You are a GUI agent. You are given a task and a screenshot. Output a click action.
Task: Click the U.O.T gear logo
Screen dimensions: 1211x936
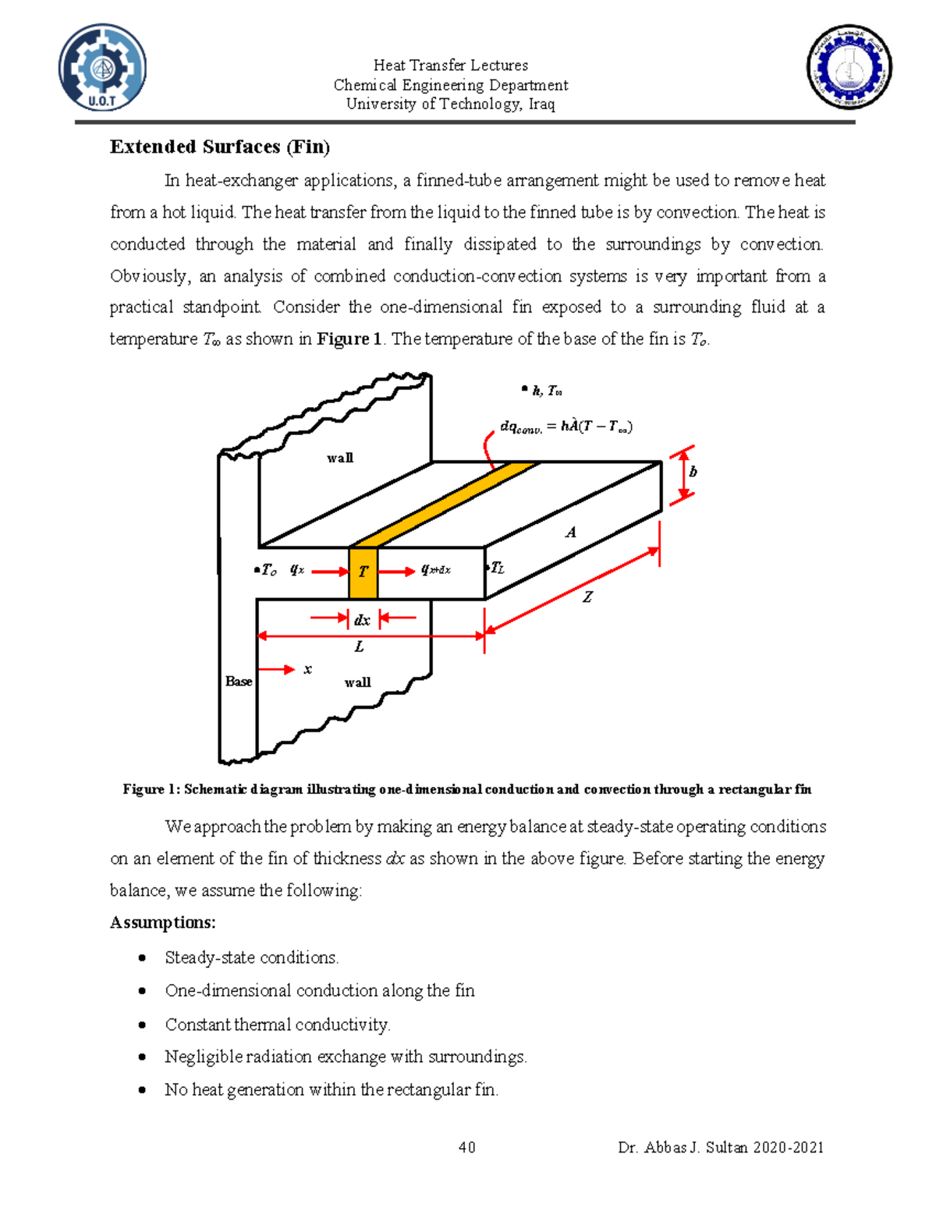[x=102, y=67]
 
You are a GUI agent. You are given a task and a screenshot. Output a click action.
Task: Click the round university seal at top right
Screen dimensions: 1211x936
[x=849, y=67]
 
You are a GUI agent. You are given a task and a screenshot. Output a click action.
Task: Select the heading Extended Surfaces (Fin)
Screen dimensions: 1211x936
[x=220, y=147]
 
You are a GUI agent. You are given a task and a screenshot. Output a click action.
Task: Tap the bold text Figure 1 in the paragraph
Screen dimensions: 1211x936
[x=349, y=339]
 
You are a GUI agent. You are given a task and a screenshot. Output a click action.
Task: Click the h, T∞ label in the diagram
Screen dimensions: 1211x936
[x=546, y=391]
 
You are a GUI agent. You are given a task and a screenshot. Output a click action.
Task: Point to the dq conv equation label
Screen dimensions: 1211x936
[x=565, y=427]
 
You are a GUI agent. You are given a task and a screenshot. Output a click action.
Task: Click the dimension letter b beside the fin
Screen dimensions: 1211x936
[x=693, y=472]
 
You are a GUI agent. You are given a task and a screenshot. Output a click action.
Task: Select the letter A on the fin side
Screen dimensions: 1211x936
[x=571, y=533]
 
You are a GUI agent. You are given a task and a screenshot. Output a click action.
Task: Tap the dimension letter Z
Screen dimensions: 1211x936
[x=587, y=597]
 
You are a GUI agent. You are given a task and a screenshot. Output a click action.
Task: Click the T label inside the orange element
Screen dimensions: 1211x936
[x=363, y=572]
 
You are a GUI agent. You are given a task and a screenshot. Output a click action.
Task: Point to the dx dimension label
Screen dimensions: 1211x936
[x=362, y=621]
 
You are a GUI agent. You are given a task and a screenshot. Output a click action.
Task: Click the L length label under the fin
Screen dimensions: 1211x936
[x=359, y=647]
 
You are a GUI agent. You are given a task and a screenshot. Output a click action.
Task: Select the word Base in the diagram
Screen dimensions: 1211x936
[x=238, y=682]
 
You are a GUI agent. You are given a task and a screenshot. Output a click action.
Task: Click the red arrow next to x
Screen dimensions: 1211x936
[x=277, y=670]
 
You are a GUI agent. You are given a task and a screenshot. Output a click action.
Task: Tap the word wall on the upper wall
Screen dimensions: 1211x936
[x=339, y=458]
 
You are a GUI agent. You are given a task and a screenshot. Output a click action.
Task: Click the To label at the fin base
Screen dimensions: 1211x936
[x=268, y=571]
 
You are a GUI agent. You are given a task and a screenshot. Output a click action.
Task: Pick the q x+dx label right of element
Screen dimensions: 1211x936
[x=435, y=570]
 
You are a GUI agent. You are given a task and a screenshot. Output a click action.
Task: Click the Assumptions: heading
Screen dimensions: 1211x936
[x=162, y=922]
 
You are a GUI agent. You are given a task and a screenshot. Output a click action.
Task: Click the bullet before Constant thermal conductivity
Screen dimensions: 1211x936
[x=142, y=1024]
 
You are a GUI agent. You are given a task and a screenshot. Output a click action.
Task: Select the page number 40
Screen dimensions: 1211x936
[x=466, y=1147]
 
